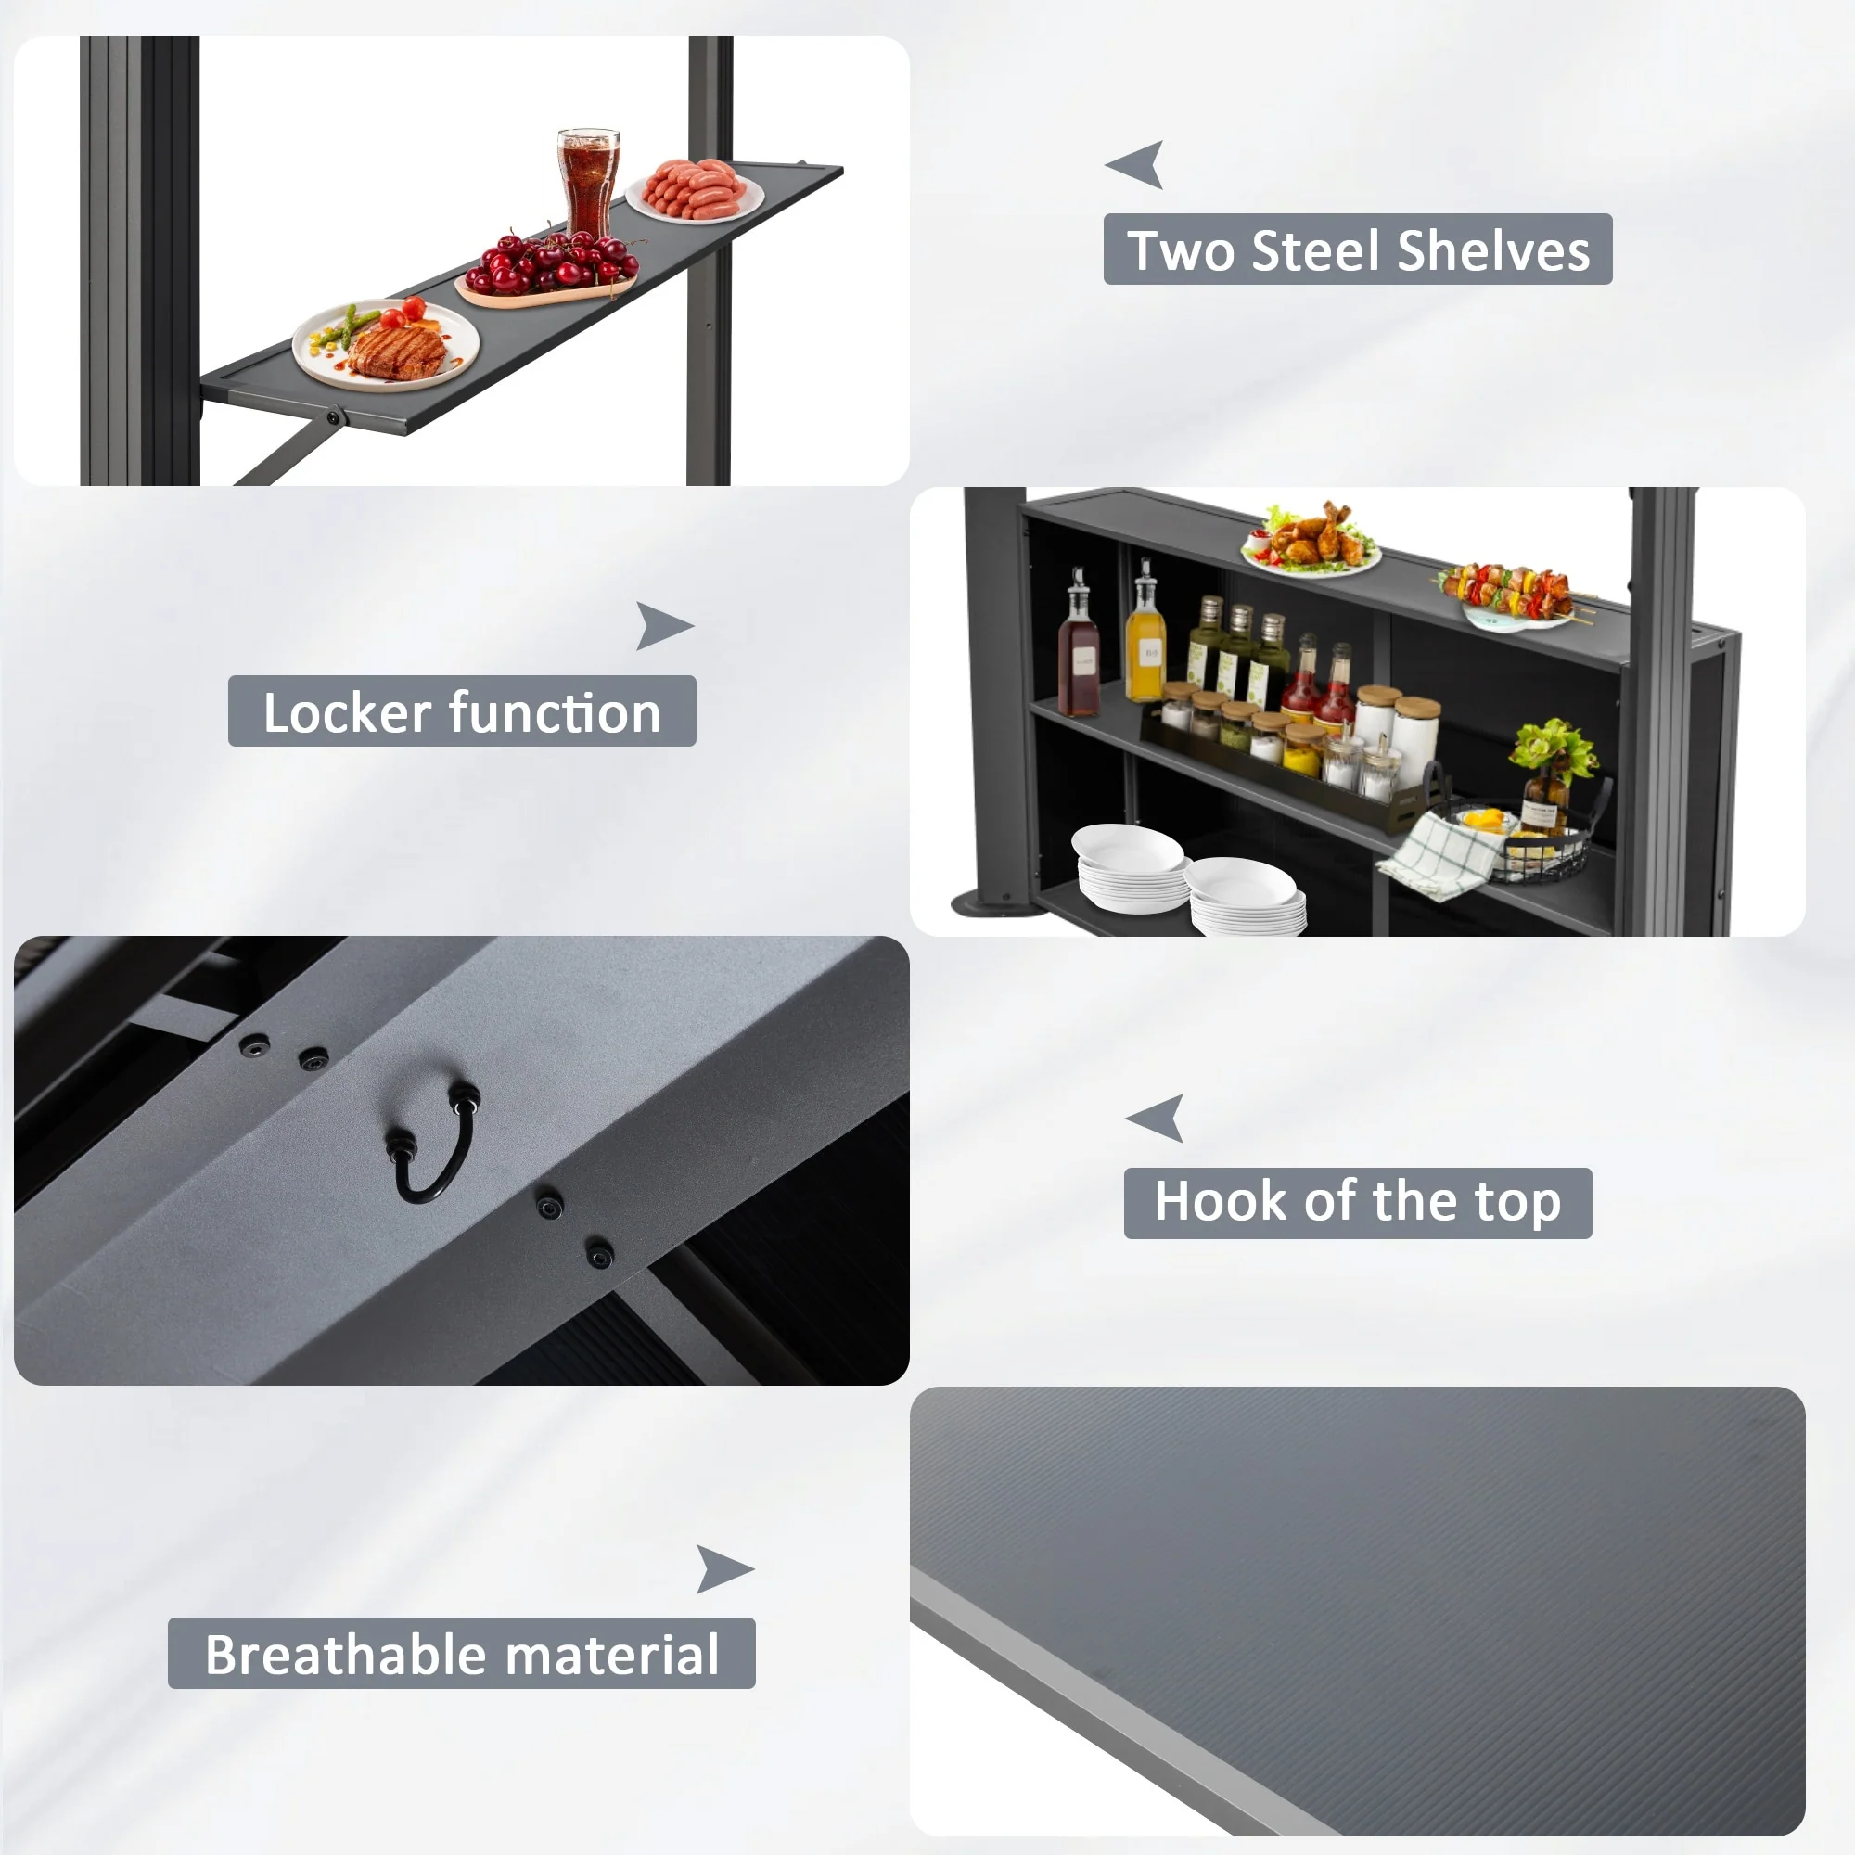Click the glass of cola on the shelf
pyautogui.click(x=588, y=183)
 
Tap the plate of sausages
pyautogui.click(x=694, y=190)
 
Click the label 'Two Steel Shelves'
pyautogui.click(x=1358, y=249)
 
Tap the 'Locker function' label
pyautogui.click(x=462, y=711)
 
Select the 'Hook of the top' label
pyautogui.click(x=1358, y=1202)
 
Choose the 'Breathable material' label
pyautogui.click(x=462, y=1654)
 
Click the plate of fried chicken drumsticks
pyautogui.click(x=1311, y=541)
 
